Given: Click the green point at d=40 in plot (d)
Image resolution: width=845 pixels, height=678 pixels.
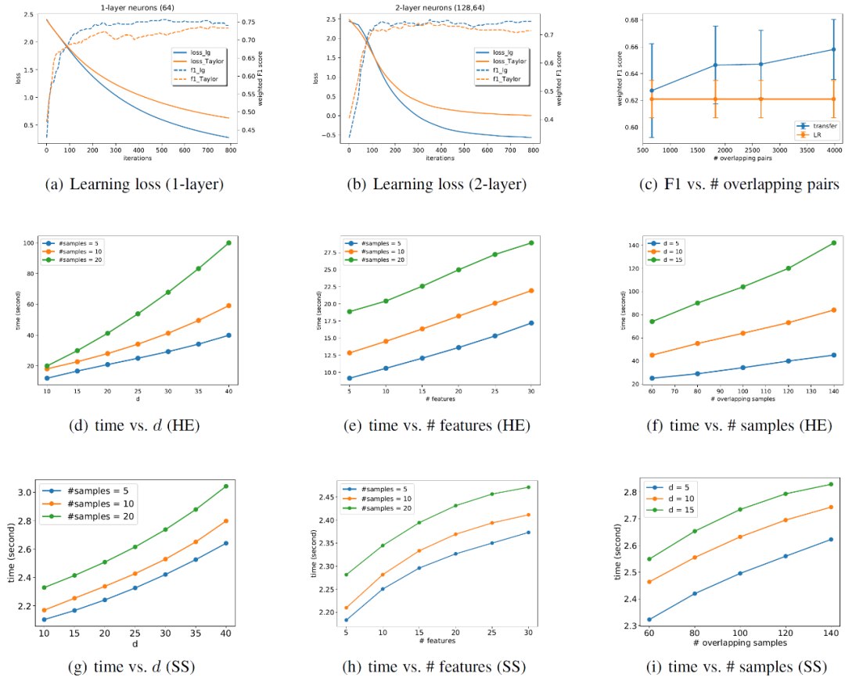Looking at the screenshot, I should pos(228,243).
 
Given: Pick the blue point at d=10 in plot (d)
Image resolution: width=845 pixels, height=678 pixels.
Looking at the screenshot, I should pos(47,378).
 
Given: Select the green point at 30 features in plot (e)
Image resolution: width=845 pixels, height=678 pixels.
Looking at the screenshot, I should pos(531,242).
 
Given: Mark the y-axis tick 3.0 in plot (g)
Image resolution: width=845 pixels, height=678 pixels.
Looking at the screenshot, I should pos(25,492).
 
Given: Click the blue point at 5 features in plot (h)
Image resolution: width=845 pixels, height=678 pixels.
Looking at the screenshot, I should pos(346,620).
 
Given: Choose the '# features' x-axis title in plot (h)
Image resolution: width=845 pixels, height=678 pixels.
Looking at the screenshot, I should pos(438,641).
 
